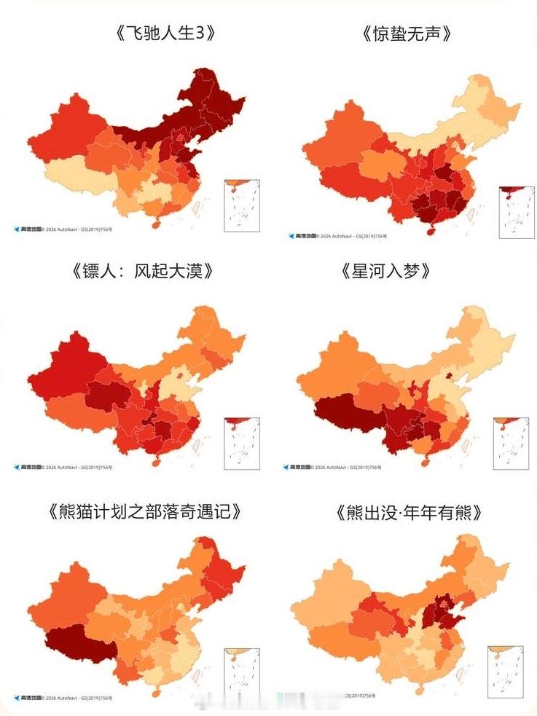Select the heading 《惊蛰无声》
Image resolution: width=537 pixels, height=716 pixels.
[402, 34]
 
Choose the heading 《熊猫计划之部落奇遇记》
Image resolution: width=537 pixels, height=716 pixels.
[145, 511]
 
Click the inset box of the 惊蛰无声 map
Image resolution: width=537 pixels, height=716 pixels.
[517, 212]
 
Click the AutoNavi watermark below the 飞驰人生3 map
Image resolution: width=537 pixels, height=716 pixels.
[63, 229]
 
